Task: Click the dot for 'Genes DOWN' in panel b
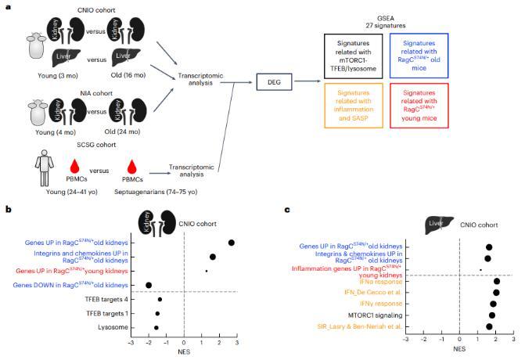149,286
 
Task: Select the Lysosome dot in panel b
156,327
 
